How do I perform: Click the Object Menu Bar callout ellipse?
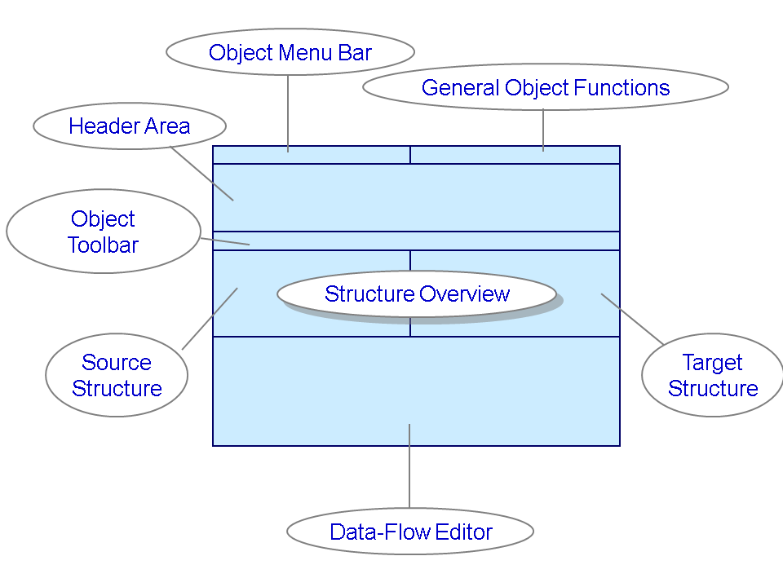[x=290, y=53]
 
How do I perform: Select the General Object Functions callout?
[x=545, y=87]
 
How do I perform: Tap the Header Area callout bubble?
[x=129, y=126]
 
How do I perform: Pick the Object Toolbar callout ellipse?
[x=103, y=232]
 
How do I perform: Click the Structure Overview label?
[x=417, y=294]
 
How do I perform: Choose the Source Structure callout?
[x=117, y=375]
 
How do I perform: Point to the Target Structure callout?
[x=712, y=375]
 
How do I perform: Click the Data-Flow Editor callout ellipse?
[x=410, y=532]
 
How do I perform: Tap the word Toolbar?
[x=103, y=245]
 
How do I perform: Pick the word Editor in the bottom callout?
[x=464, y=532]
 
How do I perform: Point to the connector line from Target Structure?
[x=633, y=318]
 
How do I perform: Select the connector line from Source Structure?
[x=210, y=319]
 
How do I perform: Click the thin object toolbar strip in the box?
[x=489, y=241]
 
